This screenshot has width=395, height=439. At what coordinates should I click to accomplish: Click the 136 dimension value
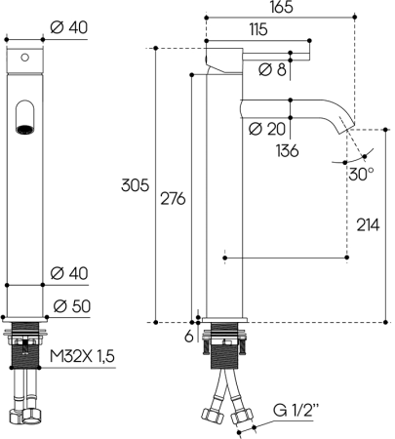click(x=286, y=151)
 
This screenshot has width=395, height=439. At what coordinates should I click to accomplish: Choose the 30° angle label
click(x=361, y=175)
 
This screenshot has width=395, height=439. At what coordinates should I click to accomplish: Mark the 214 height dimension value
click(x=368, y=224)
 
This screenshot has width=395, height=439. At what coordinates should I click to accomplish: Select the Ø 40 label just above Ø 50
click(x=71, y=271)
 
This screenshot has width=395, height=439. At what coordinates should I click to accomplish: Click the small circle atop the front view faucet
click(x=24, y=57)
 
